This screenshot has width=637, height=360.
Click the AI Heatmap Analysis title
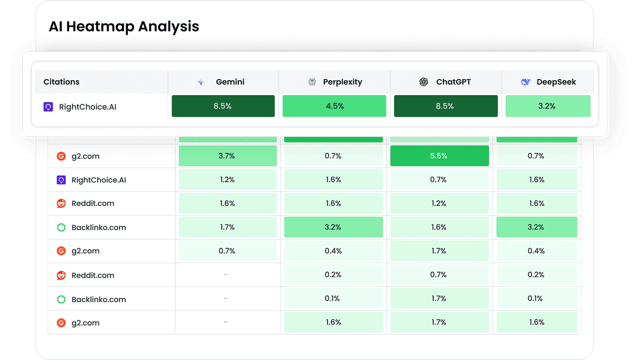(x=124, y=27)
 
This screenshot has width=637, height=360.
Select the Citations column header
(x=61, y=82)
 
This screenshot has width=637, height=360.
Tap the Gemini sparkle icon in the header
(x=201, y=82)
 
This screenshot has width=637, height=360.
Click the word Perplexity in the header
(x=342, y=82)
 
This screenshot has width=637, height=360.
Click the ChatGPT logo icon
(x=423, y=82)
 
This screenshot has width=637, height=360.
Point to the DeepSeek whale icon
(x=526, y=82)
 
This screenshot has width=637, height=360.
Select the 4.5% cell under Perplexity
(x=334, y=106)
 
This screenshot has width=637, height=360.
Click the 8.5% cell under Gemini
(x=223, y=106)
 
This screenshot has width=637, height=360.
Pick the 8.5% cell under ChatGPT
(x=445, y=106)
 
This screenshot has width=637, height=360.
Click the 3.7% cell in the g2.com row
(x=227, y=156)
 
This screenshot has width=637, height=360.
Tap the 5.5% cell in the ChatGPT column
(x=439, y=156)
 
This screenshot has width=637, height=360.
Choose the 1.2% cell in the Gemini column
(x=227, y=179)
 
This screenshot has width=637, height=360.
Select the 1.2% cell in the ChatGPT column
(x=439, y=204)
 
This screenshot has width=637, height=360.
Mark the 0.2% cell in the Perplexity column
(x=333, y=275)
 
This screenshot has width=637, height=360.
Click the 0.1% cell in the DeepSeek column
(x=536, y=299)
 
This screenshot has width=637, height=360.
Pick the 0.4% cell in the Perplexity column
(x=333, y=251)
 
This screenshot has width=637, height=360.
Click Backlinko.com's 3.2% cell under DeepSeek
(x=536, y=227)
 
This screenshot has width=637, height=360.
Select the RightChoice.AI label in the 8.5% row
(x=87, y=107)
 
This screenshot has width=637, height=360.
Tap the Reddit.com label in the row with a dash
(x=93, y=275)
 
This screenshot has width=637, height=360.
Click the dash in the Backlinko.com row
(x=225, y=299)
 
